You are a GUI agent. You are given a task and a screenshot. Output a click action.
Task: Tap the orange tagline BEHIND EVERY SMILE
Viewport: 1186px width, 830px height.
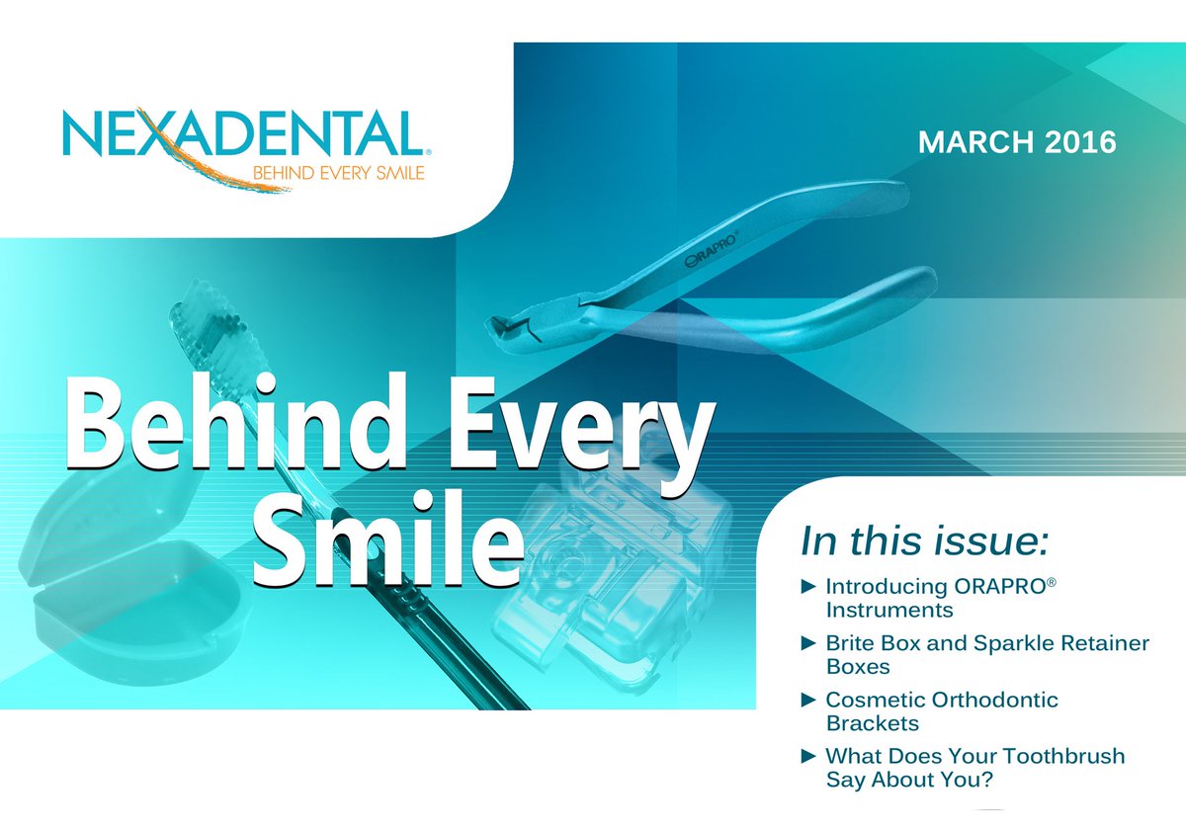tap(326, 175)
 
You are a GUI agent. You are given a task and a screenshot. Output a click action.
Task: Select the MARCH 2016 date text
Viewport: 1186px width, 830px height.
tap(1017, 142)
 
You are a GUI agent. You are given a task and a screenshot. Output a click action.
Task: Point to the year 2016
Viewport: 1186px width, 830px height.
tap(1078, 142)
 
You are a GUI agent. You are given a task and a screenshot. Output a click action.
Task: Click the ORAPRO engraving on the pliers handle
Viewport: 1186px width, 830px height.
tap(716, 250)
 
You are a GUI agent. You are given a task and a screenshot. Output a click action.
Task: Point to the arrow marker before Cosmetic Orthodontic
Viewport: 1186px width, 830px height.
tap(807, 700)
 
